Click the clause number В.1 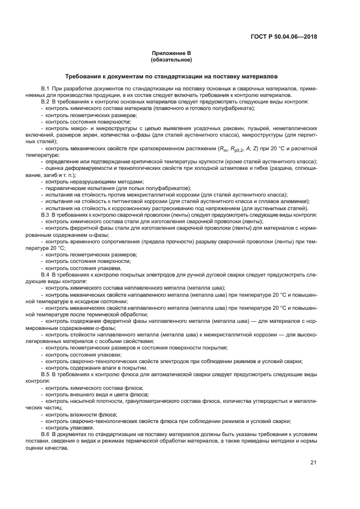(45, 89)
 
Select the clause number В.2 (45, 101)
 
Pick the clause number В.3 (45, 215)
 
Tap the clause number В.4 (45, 275)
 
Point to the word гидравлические (64, 187)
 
